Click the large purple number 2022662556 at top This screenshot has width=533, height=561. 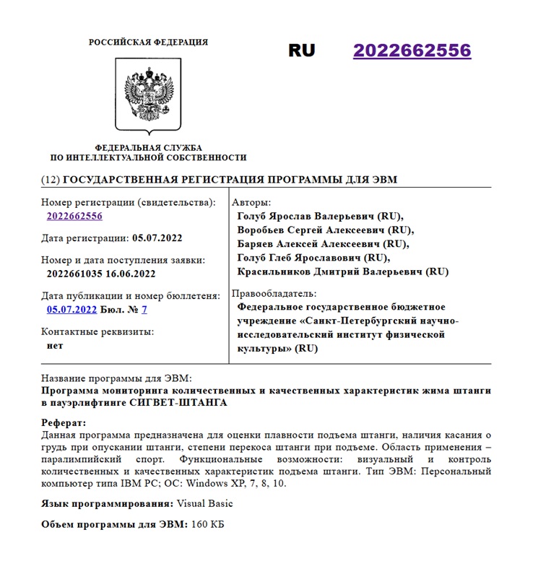point(412,51)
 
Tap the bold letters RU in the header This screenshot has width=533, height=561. point(302,51)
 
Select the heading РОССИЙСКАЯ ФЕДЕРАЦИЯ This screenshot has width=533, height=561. point(148,43)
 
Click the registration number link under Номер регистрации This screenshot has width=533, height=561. point(74,216)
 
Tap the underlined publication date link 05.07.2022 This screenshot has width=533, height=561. point(71,310)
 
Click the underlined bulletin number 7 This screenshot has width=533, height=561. point(144,310)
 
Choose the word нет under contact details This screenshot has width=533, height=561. point(55,345)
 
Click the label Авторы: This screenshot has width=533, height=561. point(252,202)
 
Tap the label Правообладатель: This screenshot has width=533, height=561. point(274,294)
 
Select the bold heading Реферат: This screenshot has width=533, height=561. point(64,422)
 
